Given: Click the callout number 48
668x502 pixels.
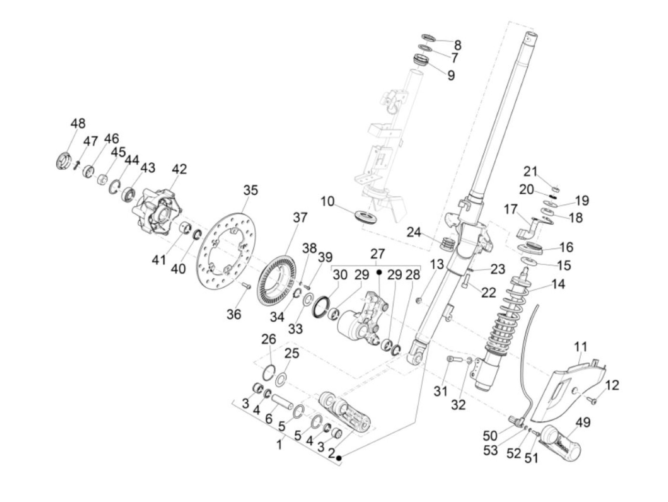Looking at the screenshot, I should click(x=78, y=124).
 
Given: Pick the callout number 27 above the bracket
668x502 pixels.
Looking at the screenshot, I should click(x=377, y=253).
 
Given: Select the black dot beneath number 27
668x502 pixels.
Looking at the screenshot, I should click(x=380, y=272).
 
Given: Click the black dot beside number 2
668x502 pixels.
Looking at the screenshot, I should click(x=339, y=458).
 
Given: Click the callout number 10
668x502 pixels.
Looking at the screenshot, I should click(x=327, y=201).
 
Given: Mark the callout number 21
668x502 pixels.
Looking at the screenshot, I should click(x=531, y=171).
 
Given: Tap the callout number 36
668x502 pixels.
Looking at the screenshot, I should click(x=234, y=314).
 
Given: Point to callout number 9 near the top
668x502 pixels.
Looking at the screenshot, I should click(x=451, y=75).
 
